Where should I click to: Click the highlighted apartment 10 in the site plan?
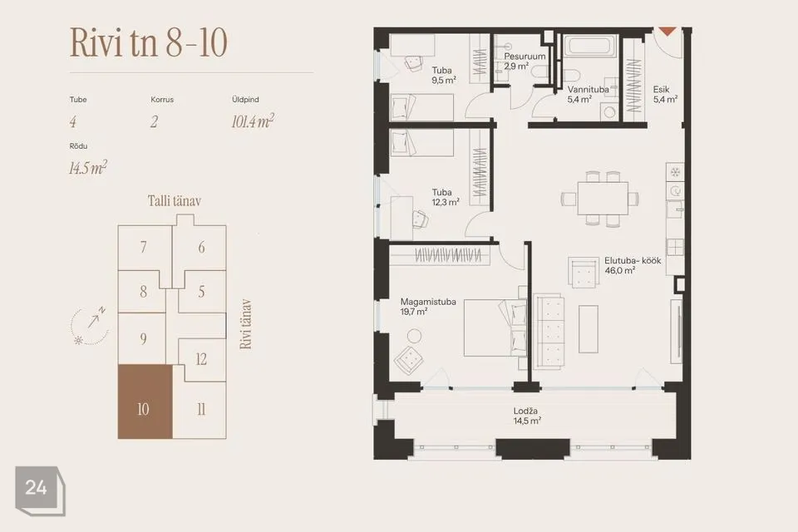145,401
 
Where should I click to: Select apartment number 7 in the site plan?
144,248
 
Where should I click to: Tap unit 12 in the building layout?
201,359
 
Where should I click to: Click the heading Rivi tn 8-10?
148,42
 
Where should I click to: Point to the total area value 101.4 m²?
253,121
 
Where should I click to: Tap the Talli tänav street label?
175,201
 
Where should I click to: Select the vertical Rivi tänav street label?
246,324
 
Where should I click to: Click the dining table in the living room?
603,198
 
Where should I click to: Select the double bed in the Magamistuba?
495,328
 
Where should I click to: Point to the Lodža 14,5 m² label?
527,416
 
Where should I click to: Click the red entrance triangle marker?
667,32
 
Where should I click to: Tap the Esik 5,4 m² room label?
665,94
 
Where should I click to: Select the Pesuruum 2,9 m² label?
525,61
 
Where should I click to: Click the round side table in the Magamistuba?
414,336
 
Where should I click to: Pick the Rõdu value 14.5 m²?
88,168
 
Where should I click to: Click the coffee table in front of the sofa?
589,329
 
